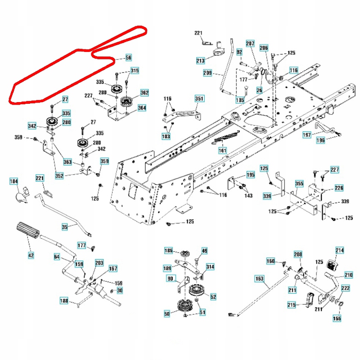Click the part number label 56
(129, 58)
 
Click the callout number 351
(199, 99)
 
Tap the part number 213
(201, 61)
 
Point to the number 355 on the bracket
(299, 183)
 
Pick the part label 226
(338, 189)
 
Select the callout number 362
(144, 93)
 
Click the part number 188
(64, 301)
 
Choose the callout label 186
(168, 251)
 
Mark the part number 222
(345, 288)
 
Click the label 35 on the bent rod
(65, 227)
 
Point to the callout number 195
(250, 175)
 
